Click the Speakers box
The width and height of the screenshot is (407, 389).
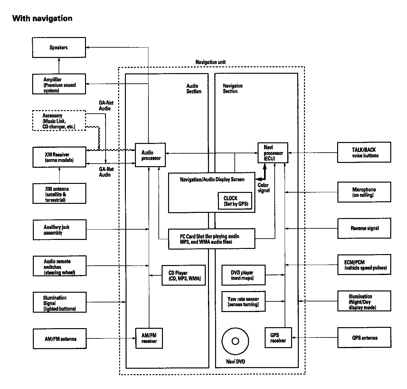click(59, 47)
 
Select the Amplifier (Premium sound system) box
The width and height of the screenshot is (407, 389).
click(59, 84)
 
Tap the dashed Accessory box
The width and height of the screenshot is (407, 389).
click(59, 120)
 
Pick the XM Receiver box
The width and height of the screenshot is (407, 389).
click(59, 157)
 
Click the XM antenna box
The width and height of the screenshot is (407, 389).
click(59, 194)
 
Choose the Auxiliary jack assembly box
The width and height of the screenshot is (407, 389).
click(60, 230)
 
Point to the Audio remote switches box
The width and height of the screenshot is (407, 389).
click(60, 266)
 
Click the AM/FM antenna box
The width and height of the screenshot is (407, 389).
click(60, 339)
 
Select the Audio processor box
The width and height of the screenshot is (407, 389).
click(150, 155)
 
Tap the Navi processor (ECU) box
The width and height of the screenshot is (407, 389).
click(273, 153)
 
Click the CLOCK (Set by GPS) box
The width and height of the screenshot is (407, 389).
click(234, 201)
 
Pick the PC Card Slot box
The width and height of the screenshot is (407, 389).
click(212, 239)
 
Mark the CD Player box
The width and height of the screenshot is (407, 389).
click(184, 275)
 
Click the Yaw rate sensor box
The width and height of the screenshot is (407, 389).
click(243, 301)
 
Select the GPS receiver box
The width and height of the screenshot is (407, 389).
click(278, 337)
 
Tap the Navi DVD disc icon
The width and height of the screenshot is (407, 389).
click(235, 341)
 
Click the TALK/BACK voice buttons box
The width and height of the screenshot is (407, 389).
click(364, 152)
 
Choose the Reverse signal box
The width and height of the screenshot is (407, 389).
click(364, 228)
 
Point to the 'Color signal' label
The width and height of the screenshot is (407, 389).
click(263, 188)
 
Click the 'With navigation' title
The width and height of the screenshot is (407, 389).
click(42, 18)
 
